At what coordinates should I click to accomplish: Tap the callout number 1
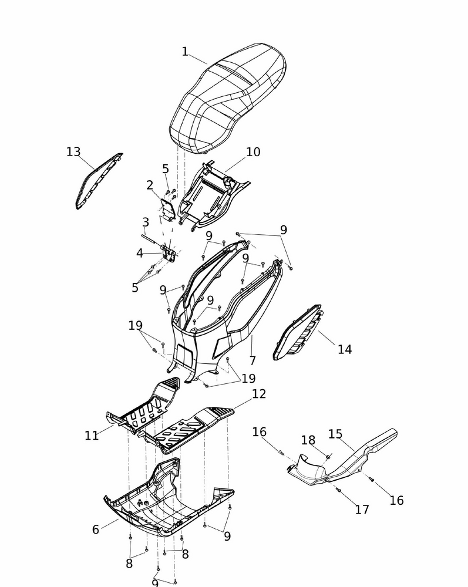(184, 52)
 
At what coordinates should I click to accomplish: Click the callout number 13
(73, 151)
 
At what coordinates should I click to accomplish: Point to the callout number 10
(253, 152)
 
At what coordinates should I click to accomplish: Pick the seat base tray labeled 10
(213, 195)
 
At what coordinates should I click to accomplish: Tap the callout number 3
(146, 222)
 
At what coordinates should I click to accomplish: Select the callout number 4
(140, 254)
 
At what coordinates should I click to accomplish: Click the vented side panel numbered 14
(298, 332)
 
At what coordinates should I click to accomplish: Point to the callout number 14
(345, 349)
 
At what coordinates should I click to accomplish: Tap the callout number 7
(252, 360)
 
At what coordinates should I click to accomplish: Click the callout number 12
(259, 394)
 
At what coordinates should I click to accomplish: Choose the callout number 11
(92, 436)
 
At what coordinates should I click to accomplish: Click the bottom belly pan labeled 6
(169, 498)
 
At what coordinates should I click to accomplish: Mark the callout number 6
(96, 529)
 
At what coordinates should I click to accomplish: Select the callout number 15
(335, 434)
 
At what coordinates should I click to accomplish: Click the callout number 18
(308, 440)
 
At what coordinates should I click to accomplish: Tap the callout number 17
(362, 510)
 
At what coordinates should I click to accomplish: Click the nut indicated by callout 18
(328, 457)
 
